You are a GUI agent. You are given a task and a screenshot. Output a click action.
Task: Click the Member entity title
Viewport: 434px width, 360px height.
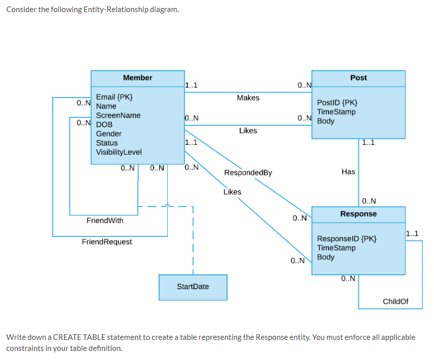pos(138,77)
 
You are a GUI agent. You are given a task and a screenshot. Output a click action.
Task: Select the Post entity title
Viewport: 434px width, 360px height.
pos(358,77)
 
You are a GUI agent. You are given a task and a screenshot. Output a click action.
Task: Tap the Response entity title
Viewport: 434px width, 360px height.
pos(358,214)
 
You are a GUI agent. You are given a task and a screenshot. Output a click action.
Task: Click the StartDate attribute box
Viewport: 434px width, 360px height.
pos(193,287)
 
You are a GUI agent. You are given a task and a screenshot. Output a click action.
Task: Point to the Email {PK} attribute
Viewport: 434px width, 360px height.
pos(114,97)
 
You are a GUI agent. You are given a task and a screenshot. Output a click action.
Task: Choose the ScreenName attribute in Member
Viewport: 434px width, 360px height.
pos(118,115)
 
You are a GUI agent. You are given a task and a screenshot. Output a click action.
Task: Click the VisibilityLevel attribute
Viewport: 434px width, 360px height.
pos(119,152)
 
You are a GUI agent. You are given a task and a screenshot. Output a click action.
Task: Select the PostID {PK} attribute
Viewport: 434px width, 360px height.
pos(337,103)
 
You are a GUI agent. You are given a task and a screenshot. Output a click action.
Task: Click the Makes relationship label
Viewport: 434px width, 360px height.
pos(248,98)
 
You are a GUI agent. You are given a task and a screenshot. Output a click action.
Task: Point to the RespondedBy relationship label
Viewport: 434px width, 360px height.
pos(248,172)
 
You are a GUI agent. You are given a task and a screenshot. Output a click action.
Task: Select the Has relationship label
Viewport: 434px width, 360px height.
pos(348,172)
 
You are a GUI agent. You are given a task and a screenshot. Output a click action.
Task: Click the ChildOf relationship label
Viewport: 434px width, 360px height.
pos(395,301)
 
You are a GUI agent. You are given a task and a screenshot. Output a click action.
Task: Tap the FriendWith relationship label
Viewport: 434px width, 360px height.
pos(104,221)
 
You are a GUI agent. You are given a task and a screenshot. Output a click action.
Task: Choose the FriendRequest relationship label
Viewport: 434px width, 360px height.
pos(107,242)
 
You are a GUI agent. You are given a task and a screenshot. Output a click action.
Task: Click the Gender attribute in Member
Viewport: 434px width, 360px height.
pos(108,134)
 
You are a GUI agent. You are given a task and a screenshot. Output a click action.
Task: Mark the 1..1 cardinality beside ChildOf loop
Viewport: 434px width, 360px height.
pos(412,233)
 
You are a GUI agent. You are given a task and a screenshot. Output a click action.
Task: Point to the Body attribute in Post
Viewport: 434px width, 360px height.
pos(325,121)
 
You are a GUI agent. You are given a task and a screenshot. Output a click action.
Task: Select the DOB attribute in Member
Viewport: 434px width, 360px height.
pos(104,124)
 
